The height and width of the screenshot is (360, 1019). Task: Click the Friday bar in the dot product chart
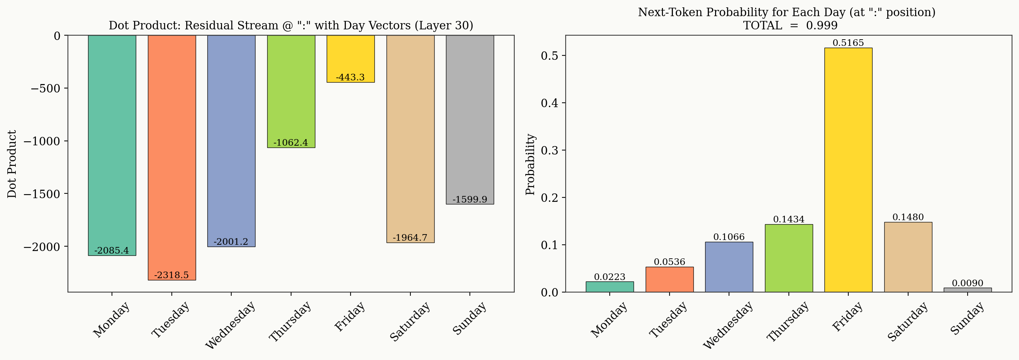pyautogui.click(x=351, y=55)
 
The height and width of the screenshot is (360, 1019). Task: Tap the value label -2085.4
pyautogui.click(x=112, y=250)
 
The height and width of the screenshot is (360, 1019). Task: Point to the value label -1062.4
pyautogui.click(x=290, y=142)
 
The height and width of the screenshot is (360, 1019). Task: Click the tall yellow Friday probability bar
pyautogui.click(x=848, y=170)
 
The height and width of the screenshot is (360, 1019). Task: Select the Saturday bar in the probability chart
pyautogui.click(x=908, y=257)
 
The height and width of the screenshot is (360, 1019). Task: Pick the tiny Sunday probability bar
pyautogui.click(x=968, y=290)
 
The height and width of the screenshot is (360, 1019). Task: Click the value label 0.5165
pyautogui.click(x=848, y=43)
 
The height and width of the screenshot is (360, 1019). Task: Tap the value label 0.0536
pyautogui.click(x=669, y=262)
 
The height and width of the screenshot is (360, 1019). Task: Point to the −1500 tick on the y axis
pyautogui.click(x=42, y=194)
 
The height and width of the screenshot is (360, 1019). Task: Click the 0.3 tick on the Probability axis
pyautogui.click(x=550, y=150)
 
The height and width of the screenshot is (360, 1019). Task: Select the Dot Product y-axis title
pyautogui.click(x=12, y=164)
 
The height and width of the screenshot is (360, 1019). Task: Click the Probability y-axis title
pyautogui.click(x=530, y=164)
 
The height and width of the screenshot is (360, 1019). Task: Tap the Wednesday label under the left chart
pyautogui.click(x=231, y=325)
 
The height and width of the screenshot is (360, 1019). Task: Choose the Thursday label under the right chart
pyautogui.click(x=788, y=321)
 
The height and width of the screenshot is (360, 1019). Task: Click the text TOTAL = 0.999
pyautogui.click(x=790, y=26)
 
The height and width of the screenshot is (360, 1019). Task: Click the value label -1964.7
pyautogui.click(x=410, y=238)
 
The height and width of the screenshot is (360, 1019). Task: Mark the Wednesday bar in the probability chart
pyautogui.click(x=729, y=267)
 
